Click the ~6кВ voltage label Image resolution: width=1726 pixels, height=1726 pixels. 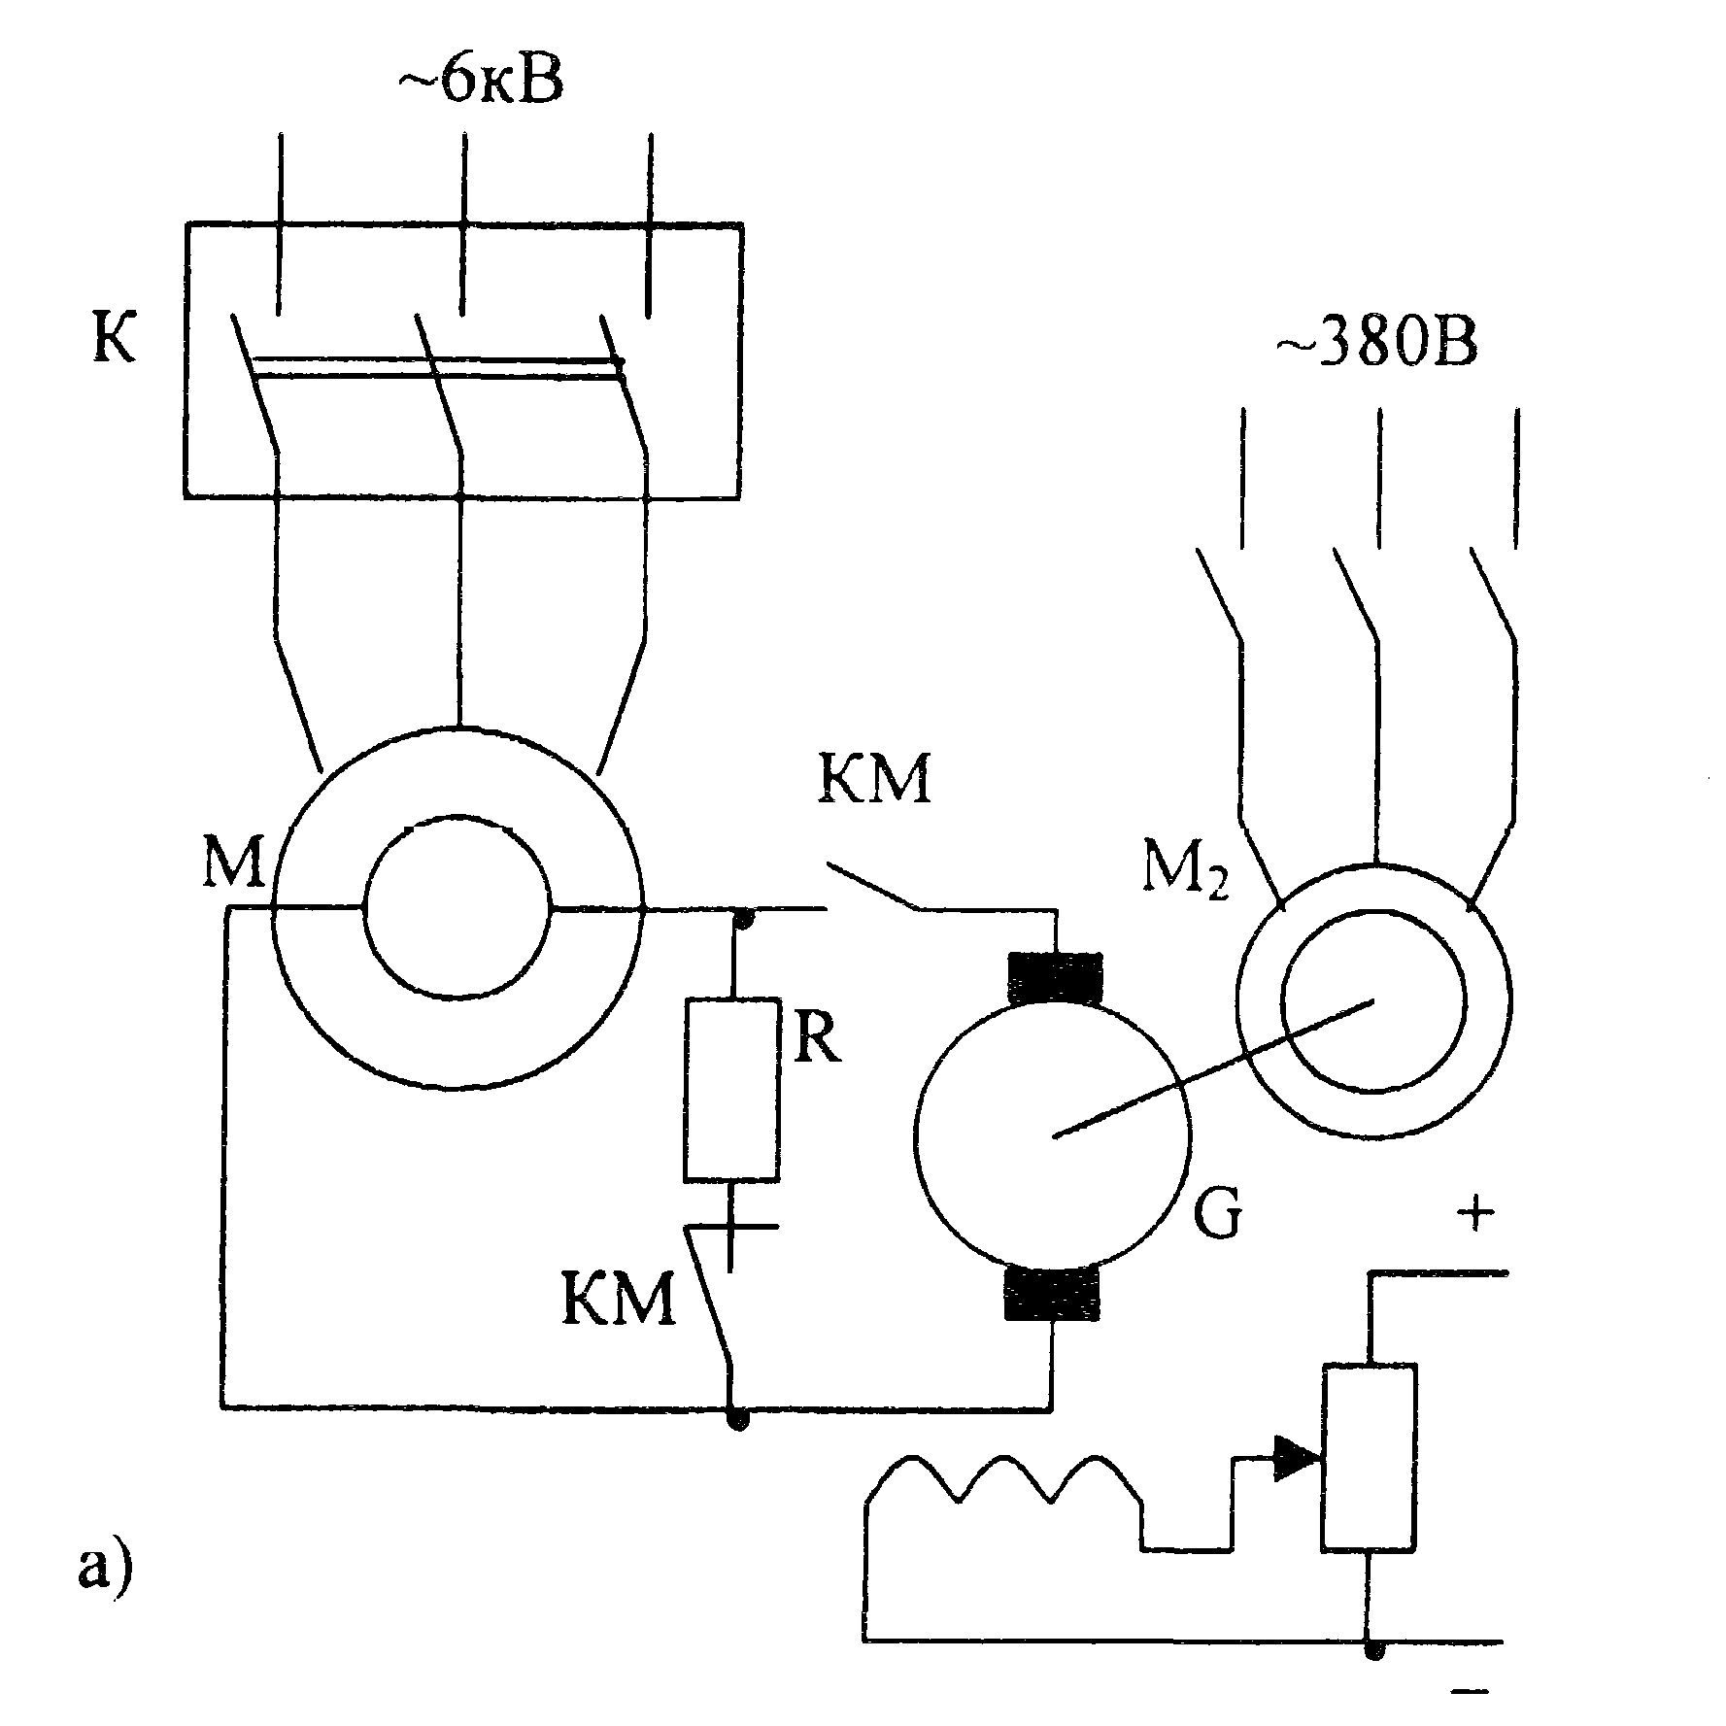click(479, 85)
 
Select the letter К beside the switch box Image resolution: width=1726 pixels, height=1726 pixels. click(114, 340)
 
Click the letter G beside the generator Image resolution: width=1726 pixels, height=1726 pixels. click(1216, 1215)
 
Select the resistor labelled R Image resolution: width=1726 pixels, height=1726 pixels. click(731, 1089)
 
